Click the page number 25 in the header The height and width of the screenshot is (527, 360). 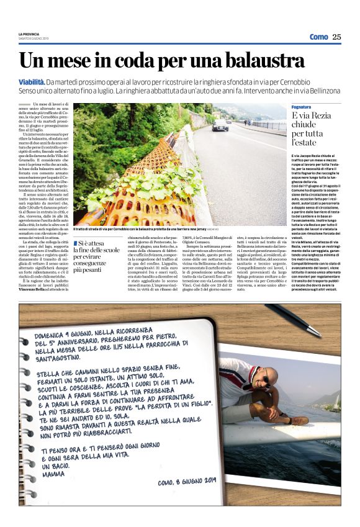point(336,37)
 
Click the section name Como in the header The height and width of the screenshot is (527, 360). point(318,37)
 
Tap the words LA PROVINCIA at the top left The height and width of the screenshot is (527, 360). point(29,34)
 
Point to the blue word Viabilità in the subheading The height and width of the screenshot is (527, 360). point(32,82)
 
